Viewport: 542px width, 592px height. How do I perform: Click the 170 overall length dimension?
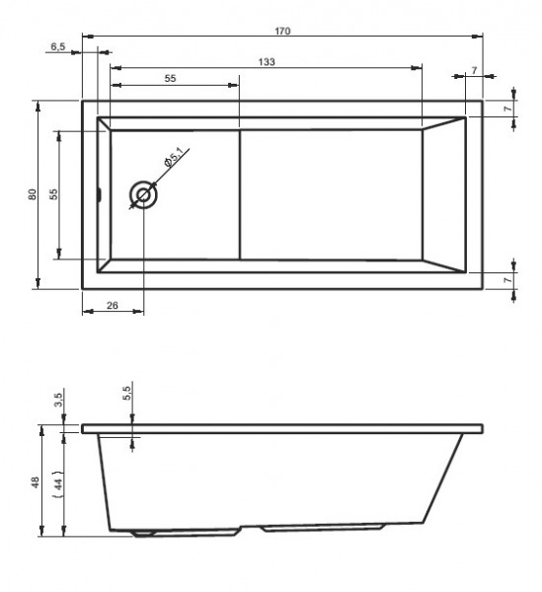click(x=283, y=31)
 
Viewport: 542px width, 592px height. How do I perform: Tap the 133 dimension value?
click(x=267, y=61)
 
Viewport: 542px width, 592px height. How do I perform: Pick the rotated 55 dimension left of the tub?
click(x=55, y=194)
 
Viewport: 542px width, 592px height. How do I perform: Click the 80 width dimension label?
click(x=33, y=194)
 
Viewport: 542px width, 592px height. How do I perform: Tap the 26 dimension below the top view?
click(x=112, y=306)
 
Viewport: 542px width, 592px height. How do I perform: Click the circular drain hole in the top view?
click(x=143, y=194)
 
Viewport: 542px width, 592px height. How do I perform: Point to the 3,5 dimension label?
click(x=59, y=399)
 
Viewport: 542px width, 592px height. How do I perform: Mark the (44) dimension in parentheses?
click(x=58, y=482)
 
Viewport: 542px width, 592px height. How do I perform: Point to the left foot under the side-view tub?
click(x=145, y=534)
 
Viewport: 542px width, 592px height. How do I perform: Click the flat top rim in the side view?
click(x=283, y=428)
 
